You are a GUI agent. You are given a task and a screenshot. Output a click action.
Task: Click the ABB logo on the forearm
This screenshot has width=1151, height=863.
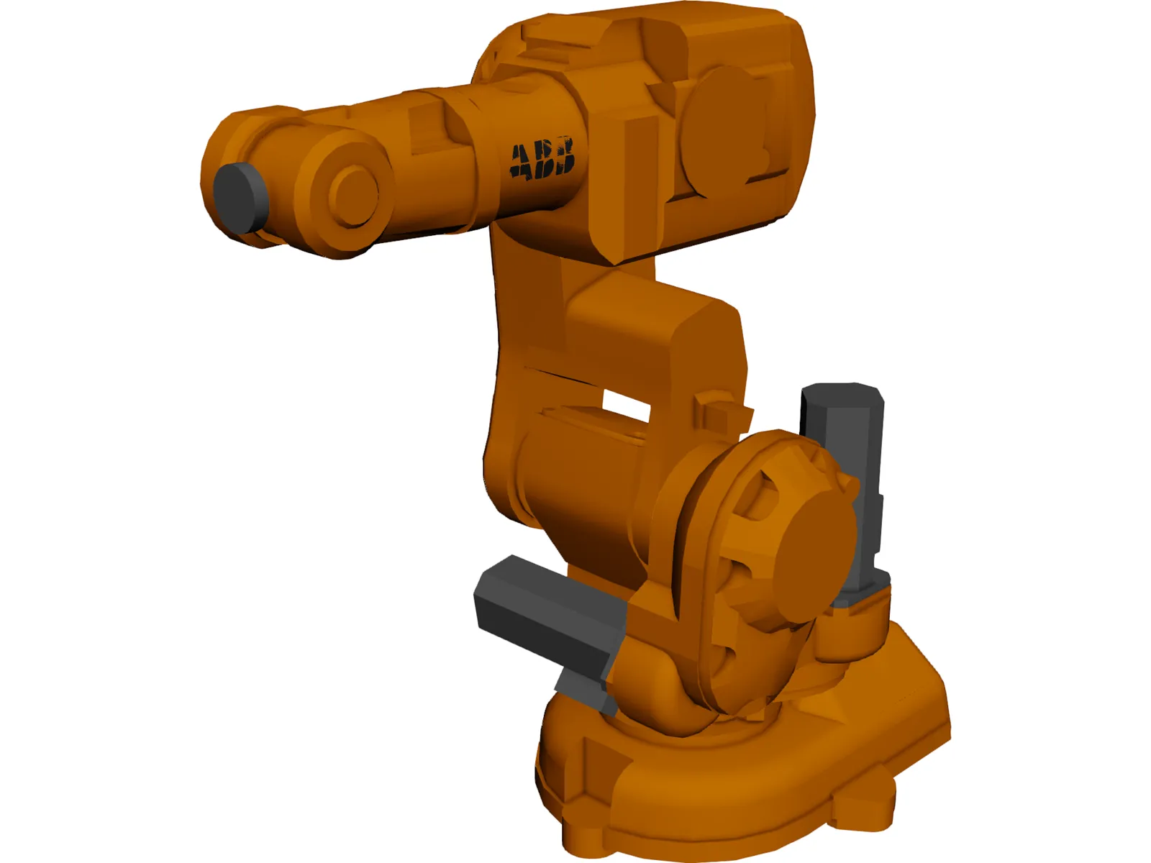pos(542,158)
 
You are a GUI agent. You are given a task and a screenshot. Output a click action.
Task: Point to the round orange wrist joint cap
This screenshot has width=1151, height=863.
pos(353,191)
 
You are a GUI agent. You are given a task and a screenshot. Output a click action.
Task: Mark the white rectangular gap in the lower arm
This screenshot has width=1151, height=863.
pos(626,404)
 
